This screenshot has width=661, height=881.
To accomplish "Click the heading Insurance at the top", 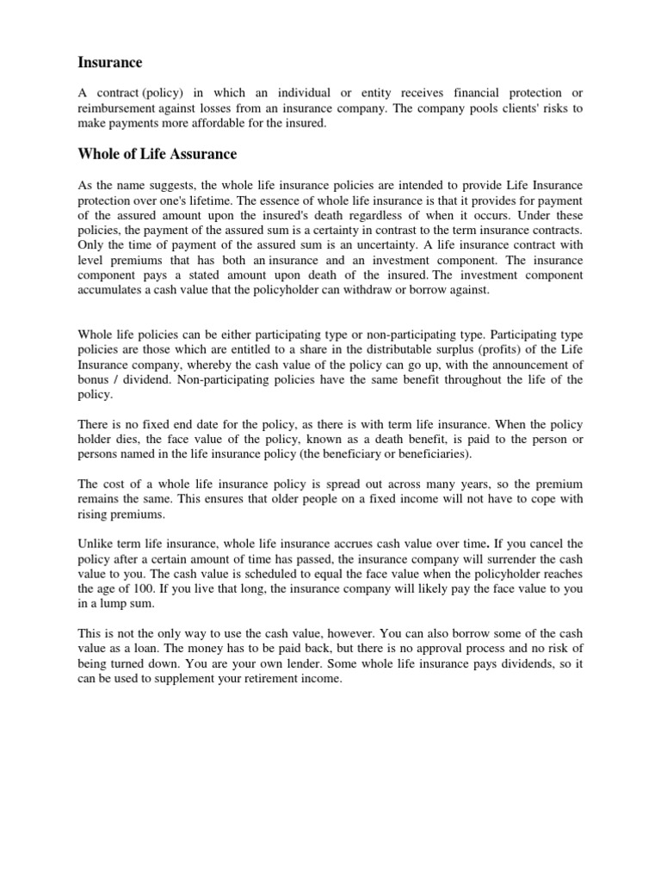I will pos(110,62).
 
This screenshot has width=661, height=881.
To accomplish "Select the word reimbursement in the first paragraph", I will pos(117,108).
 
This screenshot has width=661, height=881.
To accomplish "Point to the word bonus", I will pos(96,379).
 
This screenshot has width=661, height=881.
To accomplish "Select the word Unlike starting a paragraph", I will pos(96,544).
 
